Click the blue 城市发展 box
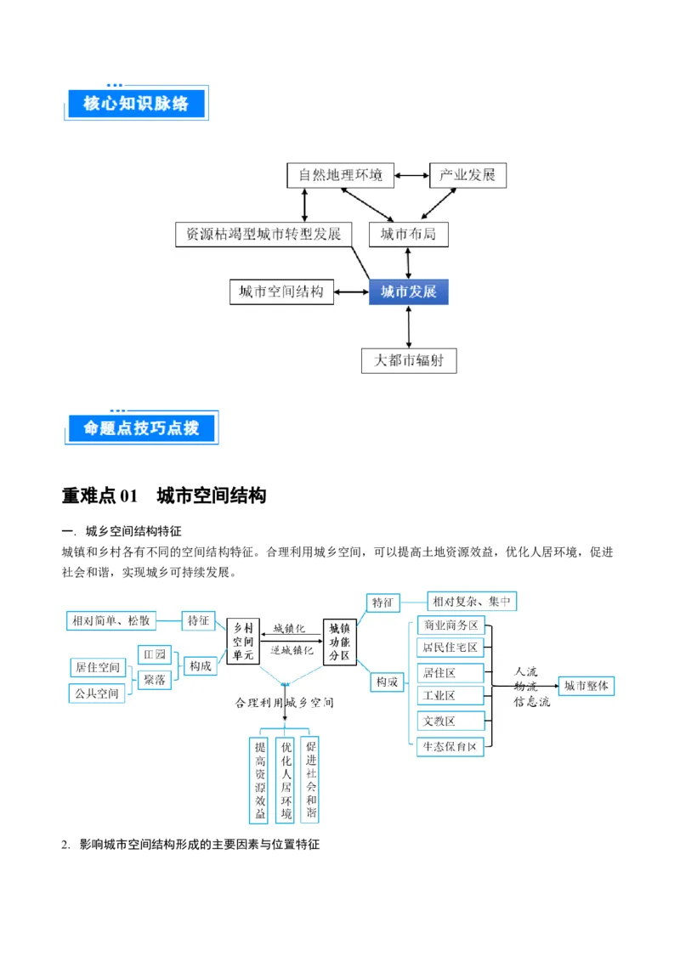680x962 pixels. click(408, 292)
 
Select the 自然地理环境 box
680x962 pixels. click(340, 176)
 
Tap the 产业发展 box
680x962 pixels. click(467, 176)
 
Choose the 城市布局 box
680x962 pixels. click(408, 234)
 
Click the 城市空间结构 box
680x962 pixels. click(281, 292)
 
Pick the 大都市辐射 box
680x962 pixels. click(408, 360)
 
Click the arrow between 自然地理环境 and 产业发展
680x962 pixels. click(411, 176)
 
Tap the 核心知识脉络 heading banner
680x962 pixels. click(136, 104)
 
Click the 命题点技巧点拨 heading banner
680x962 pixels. click(142, 429)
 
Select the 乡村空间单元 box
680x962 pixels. click(244, 642)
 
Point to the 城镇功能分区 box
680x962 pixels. click(340, 642)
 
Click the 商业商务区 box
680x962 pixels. click(450, 625)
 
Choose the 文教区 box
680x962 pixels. click(450, 721)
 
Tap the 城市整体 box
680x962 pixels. click(586, 686)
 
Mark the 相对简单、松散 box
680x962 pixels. click(111, 621)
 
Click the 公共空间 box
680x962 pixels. click(97, 693)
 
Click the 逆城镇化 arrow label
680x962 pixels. click(292, 649)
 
